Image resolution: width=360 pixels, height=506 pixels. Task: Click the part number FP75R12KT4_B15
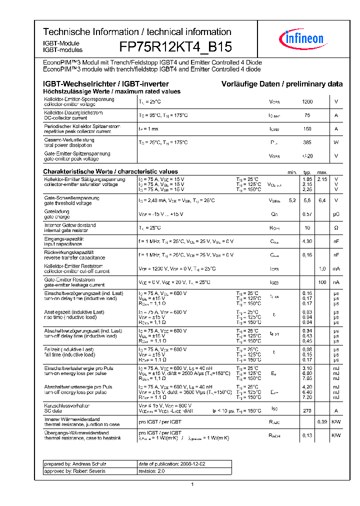[175, 47]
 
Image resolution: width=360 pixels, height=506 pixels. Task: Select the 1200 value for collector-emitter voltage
[307, 102]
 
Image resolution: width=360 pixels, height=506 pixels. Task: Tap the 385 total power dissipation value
[307, 142]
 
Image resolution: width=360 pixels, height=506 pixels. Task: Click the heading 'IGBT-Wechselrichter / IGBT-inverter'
[106, 84]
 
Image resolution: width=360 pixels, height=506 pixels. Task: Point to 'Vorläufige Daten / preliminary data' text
[282, 84]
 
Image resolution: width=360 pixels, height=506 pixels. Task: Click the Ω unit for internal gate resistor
[336, 228]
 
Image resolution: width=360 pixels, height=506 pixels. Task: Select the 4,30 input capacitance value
[307, 241]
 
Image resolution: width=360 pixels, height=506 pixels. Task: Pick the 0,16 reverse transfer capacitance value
[307, 255]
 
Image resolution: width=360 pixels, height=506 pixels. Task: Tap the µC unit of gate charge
[336, 214]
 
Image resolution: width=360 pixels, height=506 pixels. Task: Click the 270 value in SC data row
[307, 410]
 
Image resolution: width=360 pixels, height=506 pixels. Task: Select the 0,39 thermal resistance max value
[322, 422]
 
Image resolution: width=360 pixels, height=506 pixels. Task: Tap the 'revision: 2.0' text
[151, 471]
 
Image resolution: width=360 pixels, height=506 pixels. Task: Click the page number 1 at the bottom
[192, 484]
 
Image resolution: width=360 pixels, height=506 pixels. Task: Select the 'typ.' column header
[307, 172]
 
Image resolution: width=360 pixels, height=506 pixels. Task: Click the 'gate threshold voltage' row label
[68, 203]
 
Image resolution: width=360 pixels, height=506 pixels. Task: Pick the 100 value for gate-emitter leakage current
[322, 282]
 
